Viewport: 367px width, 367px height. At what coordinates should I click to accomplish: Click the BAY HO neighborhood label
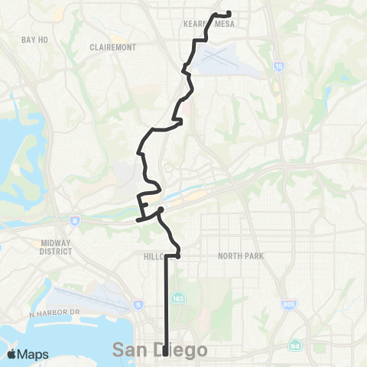click(35, 39)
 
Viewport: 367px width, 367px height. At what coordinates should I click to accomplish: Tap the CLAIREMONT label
click(112, 47)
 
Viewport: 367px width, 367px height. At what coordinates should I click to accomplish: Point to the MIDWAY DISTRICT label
click(56, 246)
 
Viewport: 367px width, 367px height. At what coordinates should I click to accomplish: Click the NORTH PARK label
click(240, 255)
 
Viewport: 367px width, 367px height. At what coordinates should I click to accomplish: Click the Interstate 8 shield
click(75, 220)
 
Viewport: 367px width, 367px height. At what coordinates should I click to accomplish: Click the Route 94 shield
click(295, 346)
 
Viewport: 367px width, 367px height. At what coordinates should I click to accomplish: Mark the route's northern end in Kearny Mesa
click(230, 13)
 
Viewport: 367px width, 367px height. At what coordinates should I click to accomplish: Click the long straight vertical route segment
click(167, 306)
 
